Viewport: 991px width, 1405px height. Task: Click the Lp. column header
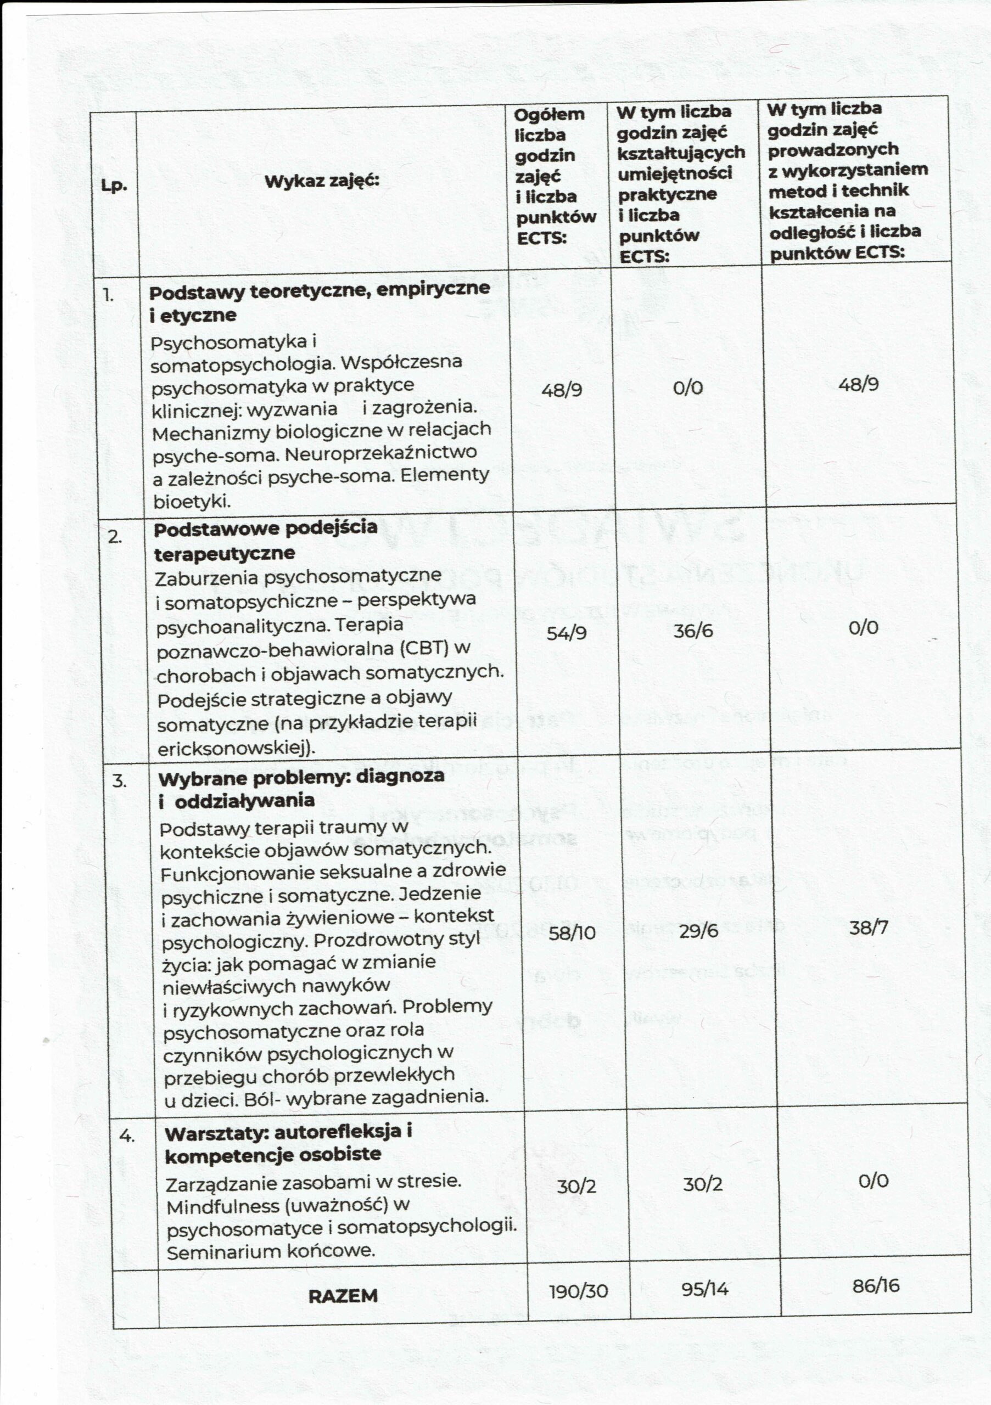point(114,186)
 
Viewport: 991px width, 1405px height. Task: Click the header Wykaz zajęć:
point(322,181)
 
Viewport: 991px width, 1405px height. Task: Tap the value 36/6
point(693,630)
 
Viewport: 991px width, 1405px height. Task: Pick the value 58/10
point(572,932)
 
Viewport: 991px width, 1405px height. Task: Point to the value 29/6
point(698,931)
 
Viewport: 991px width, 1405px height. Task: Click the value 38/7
point(868,928)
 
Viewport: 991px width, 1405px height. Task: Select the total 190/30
point(579,1291)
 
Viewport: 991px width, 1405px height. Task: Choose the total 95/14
point(705,1289)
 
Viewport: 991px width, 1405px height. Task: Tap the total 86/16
point(876,1286)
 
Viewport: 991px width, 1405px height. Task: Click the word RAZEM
point(343,1295)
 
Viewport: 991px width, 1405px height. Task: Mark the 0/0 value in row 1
point(687,387)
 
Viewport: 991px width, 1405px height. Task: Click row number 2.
point(114,537)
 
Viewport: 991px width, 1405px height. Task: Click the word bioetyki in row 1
point(190,502)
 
